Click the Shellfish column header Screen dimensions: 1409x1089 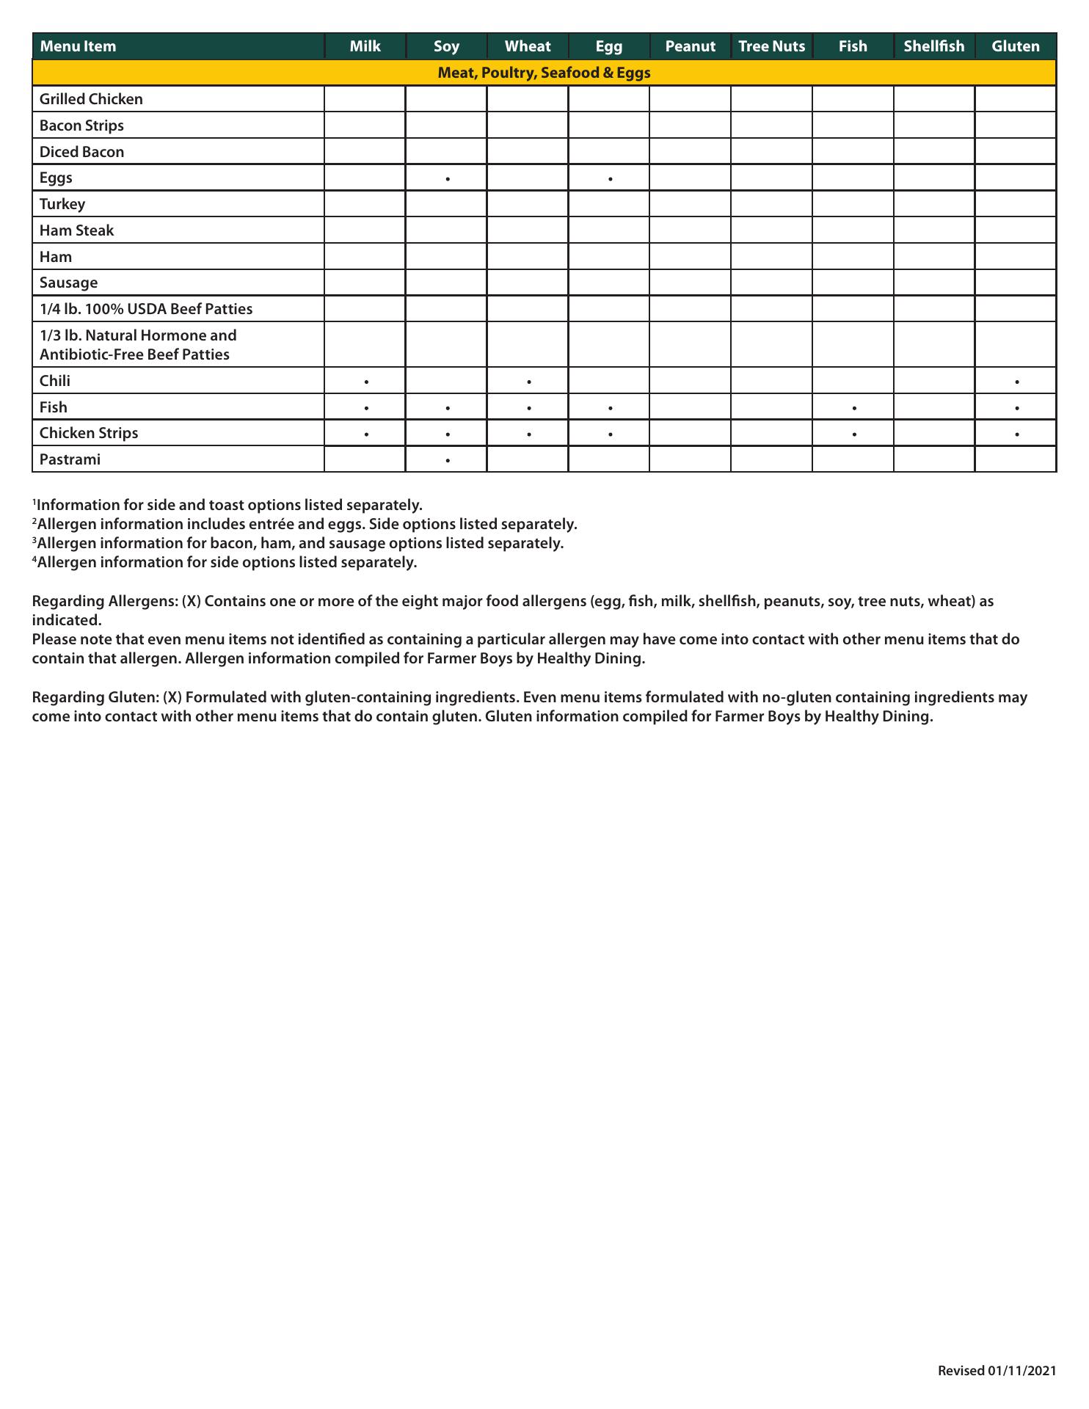tap(933, 46)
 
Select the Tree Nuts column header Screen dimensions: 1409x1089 tap(771, 46)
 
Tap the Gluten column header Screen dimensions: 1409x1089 tap(1015, 46)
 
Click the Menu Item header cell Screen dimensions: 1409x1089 tap(78, 46)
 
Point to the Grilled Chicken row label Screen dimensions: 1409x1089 tap(91, 99)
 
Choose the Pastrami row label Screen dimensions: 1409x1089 tap(70, 459)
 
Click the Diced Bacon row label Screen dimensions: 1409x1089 tap(81, 152)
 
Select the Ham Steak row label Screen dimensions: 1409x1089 tap(76, 230)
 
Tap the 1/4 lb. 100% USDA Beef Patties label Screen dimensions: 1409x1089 tap(146, 309)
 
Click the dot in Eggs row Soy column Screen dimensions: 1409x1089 tap(448, 179)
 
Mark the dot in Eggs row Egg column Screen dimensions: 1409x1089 tap(611, 179)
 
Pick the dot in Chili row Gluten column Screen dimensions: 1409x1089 tap(1016, 382)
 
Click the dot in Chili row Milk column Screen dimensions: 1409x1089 tap(366, 382)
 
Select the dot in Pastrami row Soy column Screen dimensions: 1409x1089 tap(448, 461)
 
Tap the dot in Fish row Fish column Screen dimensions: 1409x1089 tap(854, 408)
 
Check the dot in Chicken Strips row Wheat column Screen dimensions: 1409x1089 tap(529, 434)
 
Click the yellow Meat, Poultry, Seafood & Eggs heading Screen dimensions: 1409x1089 tap(544, 73)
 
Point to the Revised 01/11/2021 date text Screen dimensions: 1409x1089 tap(997, 1371)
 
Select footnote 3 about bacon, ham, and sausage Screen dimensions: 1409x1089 tap(298, 543)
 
